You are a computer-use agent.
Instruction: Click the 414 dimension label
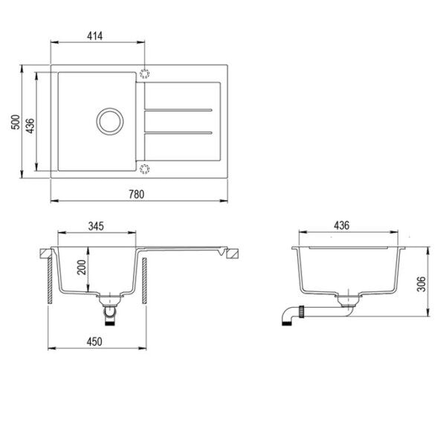pos(94,35)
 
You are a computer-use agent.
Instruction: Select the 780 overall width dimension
pos(135,194)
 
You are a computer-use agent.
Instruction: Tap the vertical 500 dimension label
pos(14,123)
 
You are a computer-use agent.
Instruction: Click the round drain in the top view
pos(109,120)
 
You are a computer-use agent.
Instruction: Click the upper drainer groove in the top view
pos(178,111)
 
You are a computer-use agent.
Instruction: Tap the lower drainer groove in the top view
pos(178,133)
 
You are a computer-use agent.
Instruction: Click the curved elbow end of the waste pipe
pos(286,317)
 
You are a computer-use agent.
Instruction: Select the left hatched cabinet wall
pos(48,278)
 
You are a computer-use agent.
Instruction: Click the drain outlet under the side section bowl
pos(347,301)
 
